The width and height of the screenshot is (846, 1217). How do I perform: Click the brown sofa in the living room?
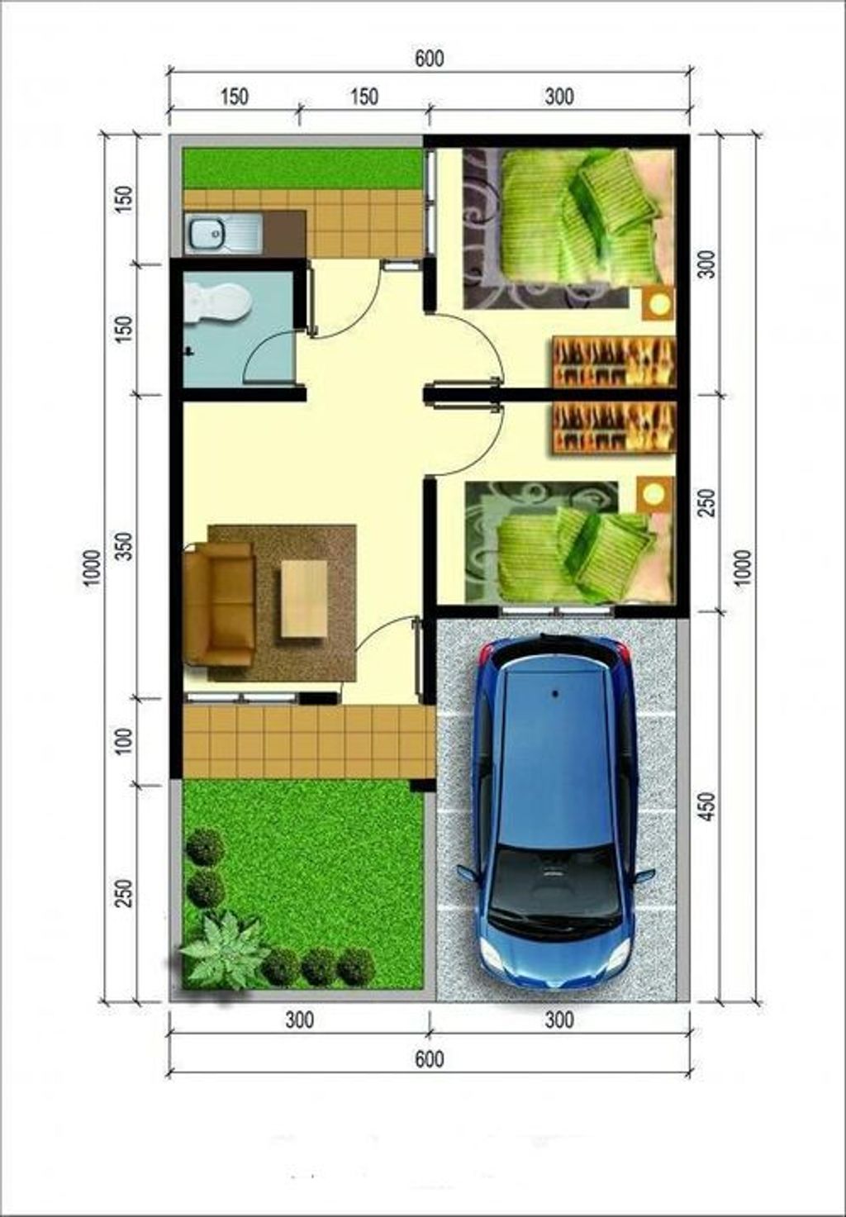219,603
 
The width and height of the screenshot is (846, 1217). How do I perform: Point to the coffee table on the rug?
304,599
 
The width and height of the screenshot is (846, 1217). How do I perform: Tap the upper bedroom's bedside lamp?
658,304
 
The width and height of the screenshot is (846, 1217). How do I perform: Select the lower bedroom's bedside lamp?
655,494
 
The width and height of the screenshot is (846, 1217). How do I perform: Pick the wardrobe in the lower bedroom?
614,427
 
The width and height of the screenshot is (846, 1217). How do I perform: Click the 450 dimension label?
707,806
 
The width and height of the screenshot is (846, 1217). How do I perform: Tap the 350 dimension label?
125,546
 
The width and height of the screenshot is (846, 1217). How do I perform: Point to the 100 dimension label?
125,741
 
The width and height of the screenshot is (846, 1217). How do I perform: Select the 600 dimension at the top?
430,59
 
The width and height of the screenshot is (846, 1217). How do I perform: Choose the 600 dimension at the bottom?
430,1059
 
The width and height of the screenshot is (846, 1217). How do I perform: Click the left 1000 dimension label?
93,568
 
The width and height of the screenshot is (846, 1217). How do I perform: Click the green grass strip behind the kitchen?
302,169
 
